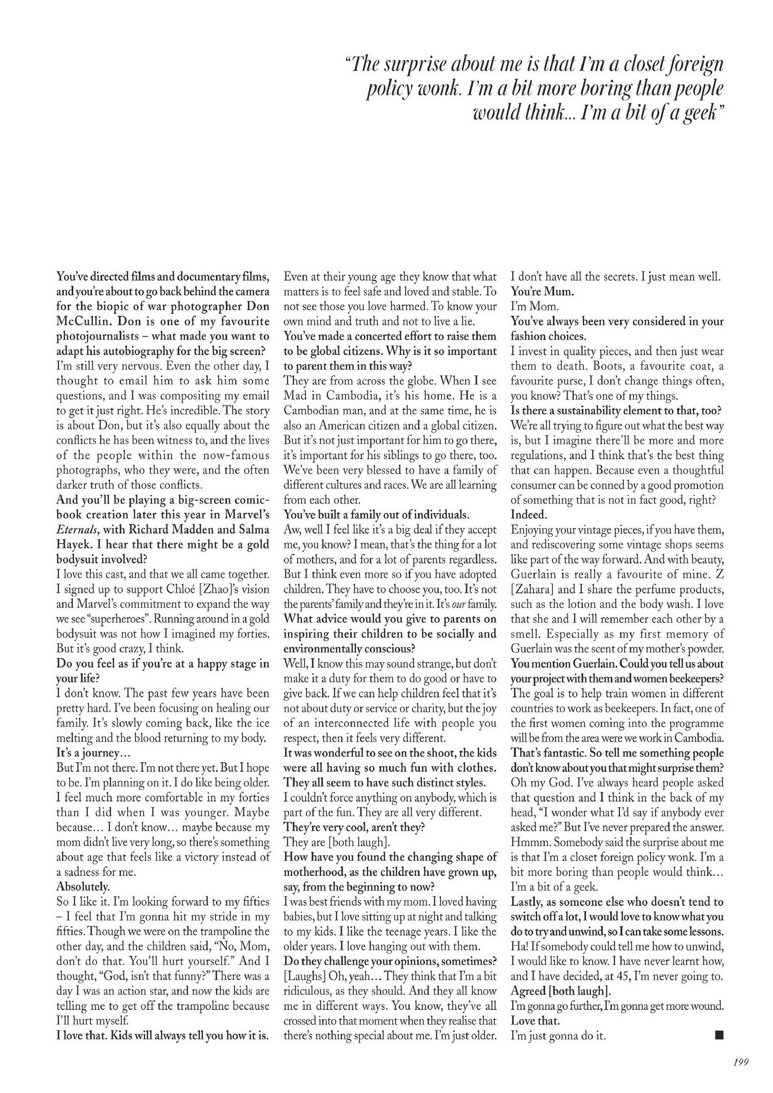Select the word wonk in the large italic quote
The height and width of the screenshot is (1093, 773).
[432, 91]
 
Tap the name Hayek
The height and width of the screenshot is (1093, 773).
[73, 544]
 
